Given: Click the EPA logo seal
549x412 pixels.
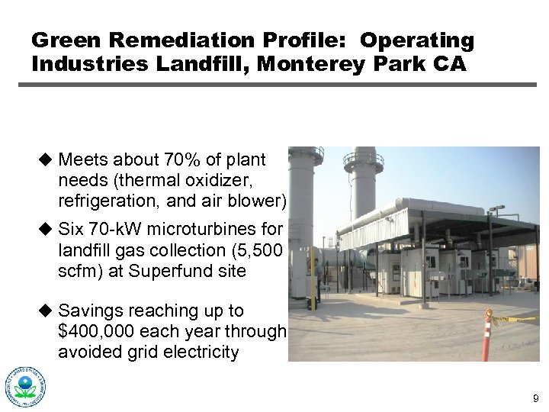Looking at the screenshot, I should [25, 387].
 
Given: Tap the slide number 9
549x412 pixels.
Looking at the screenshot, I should [535, 398].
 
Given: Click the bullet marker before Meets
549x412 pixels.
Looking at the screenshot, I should [45, 159].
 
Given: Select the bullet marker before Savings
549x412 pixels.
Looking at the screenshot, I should [45, 311].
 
